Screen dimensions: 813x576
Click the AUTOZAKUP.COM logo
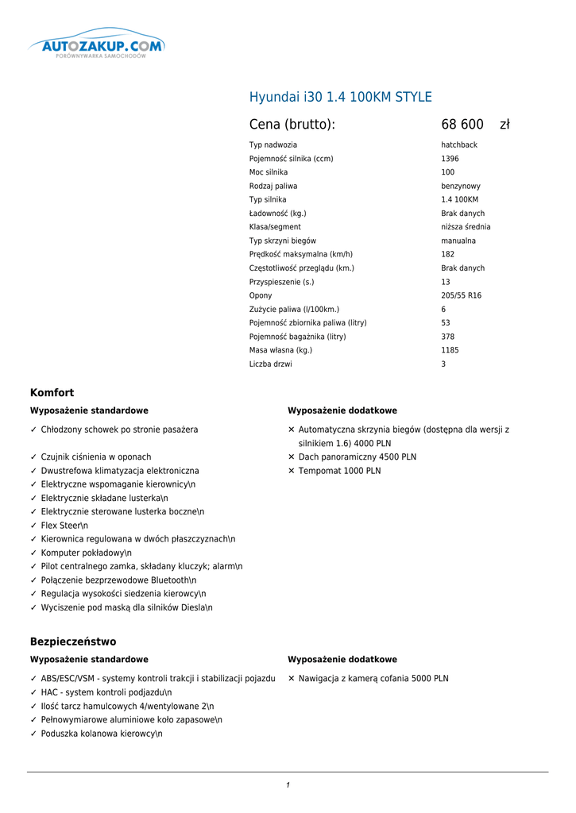(x=96, y=48)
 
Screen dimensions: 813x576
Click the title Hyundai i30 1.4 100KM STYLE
(x=341, y=97)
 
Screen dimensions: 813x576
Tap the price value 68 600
(x=462, y=125)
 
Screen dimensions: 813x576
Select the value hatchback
(x=459, y=145)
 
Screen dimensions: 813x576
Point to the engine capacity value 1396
(x=450, y=159)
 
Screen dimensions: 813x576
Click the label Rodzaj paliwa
(x=273, y=186)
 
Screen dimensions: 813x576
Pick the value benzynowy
(x=461, y=186)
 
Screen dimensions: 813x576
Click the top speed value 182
(x=447, y=254)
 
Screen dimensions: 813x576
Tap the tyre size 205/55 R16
(x=461, y=295)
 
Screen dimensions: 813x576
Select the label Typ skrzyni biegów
(x=283, y=241)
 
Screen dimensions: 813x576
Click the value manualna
(x=458, y=241)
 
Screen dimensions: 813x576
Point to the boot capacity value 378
(x=447, y=337)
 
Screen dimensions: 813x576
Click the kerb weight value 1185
(x=449, y=350)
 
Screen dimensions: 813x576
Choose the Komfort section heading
(x=52, y=392)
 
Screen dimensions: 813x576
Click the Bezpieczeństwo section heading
(x=73, y=642)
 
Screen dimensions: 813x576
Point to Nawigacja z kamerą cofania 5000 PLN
(x=373, y=679)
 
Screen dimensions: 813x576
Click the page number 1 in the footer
(x=288, y=785)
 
